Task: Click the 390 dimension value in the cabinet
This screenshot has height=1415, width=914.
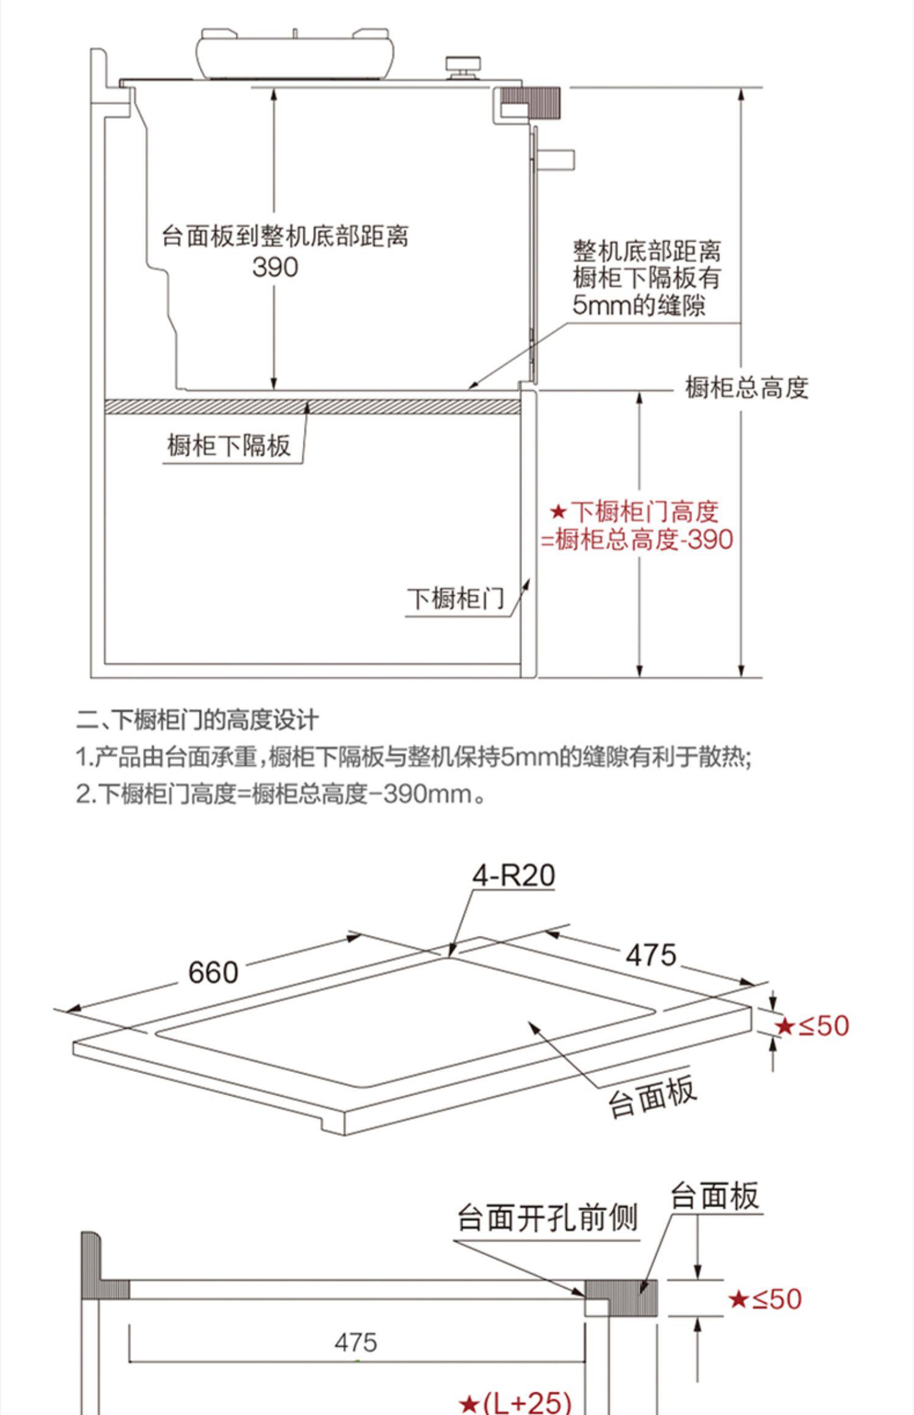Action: (275, 268)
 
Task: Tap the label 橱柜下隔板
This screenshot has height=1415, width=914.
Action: (229, 446)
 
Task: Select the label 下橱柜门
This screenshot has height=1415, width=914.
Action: (456, 598)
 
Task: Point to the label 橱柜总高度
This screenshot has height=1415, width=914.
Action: (746, 388)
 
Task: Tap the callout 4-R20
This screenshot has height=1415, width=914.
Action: (514, 876)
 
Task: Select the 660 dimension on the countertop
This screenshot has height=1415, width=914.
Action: (213, 972)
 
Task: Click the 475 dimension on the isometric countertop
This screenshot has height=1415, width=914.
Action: (651, 954)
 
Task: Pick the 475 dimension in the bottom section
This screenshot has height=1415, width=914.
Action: (356, 1342)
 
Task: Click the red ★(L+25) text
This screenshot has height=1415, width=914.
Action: (515, 1401)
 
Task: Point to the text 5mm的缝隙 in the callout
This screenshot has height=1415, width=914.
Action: (639, 305)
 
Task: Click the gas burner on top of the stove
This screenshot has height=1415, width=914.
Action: (294, 53)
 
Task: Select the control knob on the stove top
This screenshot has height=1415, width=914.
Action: (463, 66)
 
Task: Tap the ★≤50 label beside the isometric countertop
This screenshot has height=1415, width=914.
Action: (812, 1026)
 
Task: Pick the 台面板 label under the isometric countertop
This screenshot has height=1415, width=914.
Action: (652, 1096)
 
